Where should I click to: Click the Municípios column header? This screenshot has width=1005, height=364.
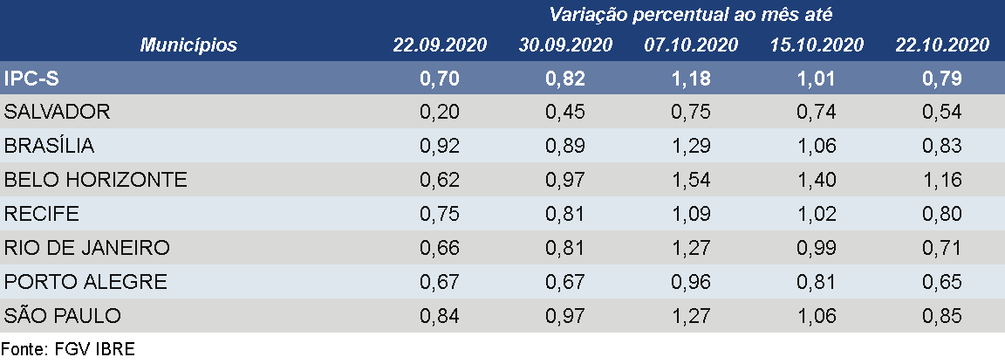click(188, 45)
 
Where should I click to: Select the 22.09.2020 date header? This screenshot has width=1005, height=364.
click(440, 45)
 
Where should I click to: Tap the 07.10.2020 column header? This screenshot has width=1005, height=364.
click(691, 45)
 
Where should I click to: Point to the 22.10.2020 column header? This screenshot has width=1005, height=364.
click(942, 45)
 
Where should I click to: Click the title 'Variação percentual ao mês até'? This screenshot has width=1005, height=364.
click(691, 15)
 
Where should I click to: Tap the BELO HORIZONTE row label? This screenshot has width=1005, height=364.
click(96, 180)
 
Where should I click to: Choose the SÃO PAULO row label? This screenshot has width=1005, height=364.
click(63, 316)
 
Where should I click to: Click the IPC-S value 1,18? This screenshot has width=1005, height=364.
click(691, 79)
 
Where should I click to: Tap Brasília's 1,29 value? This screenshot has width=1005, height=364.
click(691, 146)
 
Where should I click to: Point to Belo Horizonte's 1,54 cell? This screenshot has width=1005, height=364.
click(691, 180)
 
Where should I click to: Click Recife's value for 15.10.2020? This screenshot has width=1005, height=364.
click(817, 214)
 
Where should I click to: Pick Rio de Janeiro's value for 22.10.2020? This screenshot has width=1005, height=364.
click(942, 248)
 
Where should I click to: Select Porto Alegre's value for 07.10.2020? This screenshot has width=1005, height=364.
click(691, 282)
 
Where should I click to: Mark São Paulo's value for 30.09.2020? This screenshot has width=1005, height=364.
click(565, 316)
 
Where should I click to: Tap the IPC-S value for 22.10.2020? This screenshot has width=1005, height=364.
click(942, 79)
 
